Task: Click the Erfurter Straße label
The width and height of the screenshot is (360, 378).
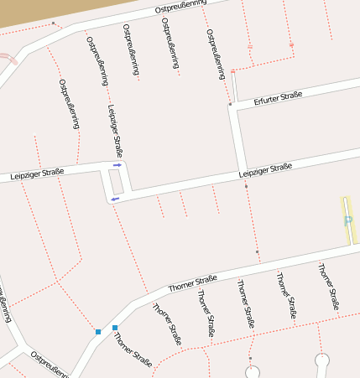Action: coord(278,98)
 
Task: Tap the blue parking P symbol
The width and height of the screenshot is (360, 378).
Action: coord(347,220)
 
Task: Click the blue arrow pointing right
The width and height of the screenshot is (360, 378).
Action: coord(117,165)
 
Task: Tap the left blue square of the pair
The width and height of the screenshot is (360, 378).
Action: coord(98,332)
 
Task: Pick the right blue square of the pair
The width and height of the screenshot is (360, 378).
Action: coord(115,327)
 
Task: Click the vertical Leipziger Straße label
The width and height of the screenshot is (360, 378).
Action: coord(116,131)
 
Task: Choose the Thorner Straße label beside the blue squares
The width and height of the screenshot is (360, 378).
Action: coord(133,350)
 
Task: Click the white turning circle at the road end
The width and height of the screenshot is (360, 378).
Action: coord(322,360)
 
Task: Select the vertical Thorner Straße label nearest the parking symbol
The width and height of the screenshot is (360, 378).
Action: coord(329,287)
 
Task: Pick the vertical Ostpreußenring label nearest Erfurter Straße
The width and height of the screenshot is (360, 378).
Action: coord(217,52)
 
